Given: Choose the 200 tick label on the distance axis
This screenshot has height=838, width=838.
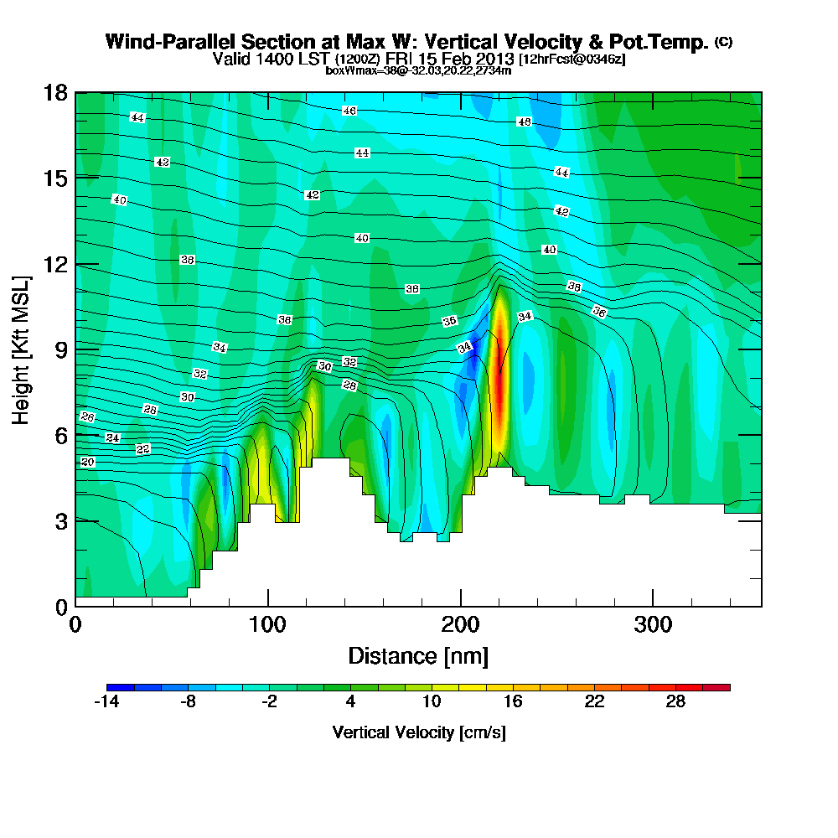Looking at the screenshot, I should (460, 625).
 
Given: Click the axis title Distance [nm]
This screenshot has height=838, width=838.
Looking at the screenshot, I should (418, 655).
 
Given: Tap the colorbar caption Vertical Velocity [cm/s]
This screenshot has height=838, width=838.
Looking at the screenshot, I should (418, 732).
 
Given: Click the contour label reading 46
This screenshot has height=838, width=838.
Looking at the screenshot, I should (349, 111).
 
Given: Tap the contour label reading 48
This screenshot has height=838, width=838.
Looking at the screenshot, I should (525, 122).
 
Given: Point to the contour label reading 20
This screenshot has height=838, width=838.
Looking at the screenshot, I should (87, 462).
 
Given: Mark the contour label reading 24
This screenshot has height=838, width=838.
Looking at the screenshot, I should (113, 437).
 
